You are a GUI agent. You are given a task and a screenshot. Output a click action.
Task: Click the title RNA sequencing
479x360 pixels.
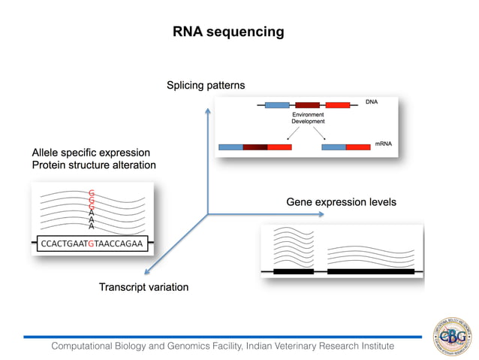(228, 32)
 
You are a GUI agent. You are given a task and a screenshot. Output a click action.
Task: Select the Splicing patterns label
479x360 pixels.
(205, 86)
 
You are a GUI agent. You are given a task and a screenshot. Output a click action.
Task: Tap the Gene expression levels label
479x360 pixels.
(341, 202)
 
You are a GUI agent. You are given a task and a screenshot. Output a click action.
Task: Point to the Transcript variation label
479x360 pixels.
(143, 287)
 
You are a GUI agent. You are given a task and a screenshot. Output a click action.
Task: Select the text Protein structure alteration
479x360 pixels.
(93, 165)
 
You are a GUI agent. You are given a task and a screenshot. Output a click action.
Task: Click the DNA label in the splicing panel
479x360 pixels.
(372, 101)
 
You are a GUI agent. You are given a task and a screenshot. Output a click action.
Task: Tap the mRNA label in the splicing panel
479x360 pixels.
(384, 142)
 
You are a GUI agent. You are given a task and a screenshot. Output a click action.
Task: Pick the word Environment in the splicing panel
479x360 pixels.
(308, 114)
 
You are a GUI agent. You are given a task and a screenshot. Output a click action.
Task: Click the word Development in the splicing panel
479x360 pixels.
(308, 121)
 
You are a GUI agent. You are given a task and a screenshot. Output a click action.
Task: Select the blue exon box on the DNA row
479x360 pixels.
(277, 106)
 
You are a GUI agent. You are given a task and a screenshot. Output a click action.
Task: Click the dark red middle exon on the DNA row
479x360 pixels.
(308, 106)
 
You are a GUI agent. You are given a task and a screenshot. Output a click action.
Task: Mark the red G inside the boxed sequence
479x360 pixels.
(91, 244)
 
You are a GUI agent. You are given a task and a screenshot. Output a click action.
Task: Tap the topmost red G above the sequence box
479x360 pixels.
(92, 192)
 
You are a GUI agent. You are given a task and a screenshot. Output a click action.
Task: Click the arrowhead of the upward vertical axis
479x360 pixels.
(208, 111)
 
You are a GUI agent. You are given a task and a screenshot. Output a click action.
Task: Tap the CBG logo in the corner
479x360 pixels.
(453, 336)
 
